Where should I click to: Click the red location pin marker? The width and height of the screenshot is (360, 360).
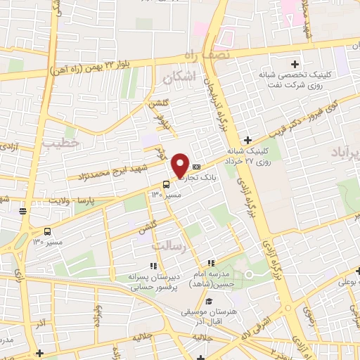(181, 166)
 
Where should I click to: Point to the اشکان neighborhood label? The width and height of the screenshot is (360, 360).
(176, 79)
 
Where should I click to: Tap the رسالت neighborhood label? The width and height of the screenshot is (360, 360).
(168, 247)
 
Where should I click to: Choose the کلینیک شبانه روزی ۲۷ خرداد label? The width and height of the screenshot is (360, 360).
(253, 155)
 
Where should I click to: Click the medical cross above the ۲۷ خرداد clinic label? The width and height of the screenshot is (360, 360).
(247, 140)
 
